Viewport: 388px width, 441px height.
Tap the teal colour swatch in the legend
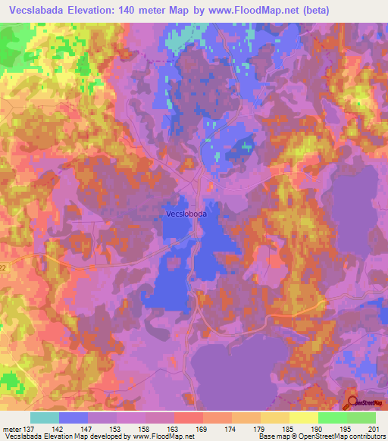coord(45,418)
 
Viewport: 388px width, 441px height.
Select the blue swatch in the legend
coord(74,418)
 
